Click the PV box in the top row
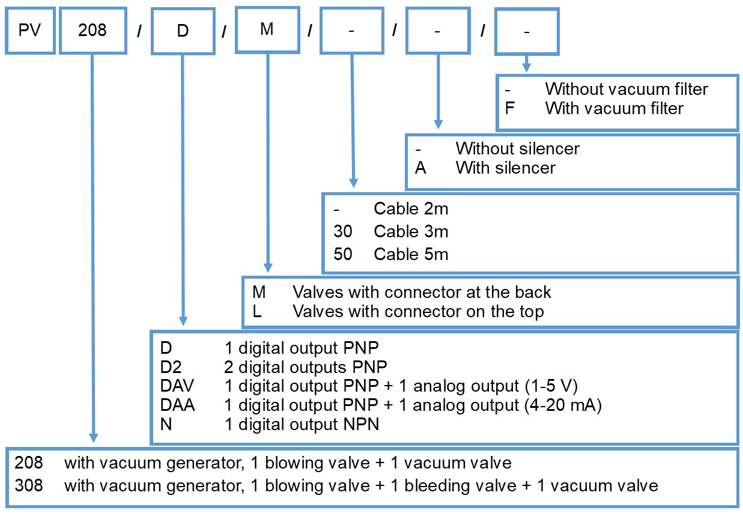(29, 30)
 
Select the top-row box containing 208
(92, 30)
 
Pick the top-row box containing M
(267, 29)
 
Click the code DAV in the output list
(177, 386)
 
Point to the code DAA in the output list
(177, 405)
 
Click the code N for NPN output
(165, 425)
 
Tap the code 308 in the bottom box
(29, 485)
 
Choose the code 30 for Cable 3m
(343, 232)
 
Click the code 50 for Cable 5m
(343, 254)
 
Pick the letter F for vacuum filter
(509, 109)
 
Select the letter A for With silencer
(420, 168)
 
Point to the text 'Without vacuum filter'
(626, 90)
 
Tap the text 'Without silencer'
(517, 148)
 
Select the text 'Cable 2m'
(411, 209)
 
